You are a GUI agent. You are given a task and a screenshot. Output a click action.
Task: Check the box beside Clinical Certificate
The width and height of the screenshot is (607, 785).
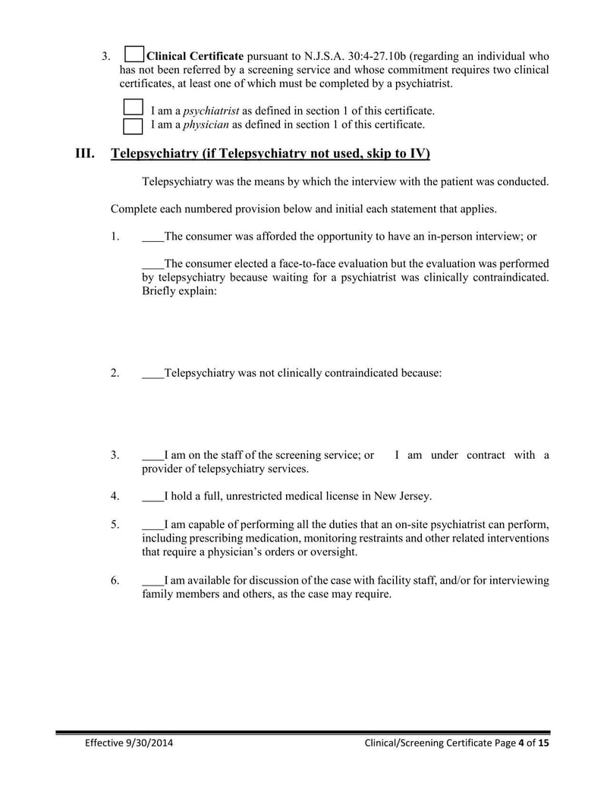click(134, 55)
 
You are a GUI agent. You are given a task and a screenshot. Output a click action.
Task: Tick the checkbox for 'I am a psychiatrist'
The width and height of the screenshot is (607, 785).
click(133, 108)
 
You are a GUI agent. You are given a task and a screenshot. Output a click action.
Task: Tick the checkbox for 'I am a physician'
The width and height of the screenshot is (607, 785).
click(133, 124)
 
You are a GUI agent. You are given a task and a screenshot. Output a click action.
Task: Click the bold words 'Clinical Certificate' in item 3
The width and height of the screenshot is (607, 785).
click(195, 56)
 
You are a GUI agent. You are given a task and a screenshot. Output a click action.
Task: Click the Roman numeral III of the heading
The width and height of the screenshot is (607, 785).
click(84, 154)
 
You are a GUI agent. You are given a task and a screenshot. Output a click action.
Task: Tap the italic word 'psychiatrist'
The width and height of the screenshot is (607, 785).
click(212, 111)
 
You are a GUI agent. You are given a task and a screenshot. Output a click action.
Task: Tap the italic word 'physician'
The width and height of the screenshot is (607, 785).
click(206, 124)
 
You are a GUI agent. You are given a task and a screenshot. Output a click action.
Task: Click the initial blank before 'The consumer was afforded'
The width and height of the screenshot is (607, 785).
click(153, 237)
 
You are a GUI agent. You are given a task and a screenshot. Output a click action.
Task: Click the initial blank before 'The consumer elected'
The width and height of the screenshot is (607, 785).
click(153, 264)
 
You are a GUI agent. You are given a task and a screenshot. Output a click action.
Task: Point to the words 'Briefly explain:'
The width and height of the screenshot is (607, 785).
click(180, 291)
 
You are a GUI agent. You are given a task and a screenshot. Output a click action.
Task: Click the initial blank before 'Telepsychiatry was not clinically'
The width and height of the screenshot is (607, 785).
click(153, 373)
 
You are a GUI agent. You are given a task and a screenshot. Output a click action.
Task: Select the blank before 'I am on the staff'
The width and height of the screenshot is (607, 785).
click(153, 456)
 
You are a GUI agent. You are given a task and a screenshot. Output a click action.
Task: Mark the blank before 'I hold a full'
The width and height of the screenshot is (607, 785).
click(153, 497)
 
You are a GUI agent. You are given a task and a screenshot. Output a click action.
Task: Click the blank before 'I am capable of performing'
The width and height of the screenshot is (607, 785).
click(153, 525)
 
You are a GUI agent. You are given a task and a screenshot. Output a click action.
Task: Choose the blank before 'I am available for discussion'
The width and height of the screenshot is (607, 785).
click(153, 581)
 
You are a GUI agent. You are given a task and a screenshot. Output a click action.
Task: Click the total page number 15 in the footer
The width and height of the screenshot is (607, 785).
click(543, 744)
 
